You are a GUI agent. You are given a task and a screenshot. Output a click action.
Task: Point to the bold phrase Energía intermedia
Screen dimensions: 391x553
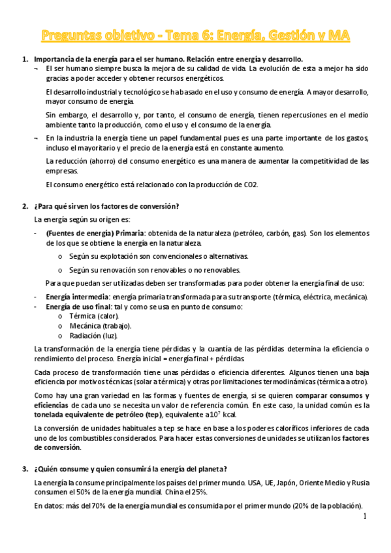(72, 297)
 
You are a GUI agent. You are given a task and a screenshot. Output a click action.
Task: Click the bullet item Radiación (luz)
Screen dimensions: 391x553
(93, 335)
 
